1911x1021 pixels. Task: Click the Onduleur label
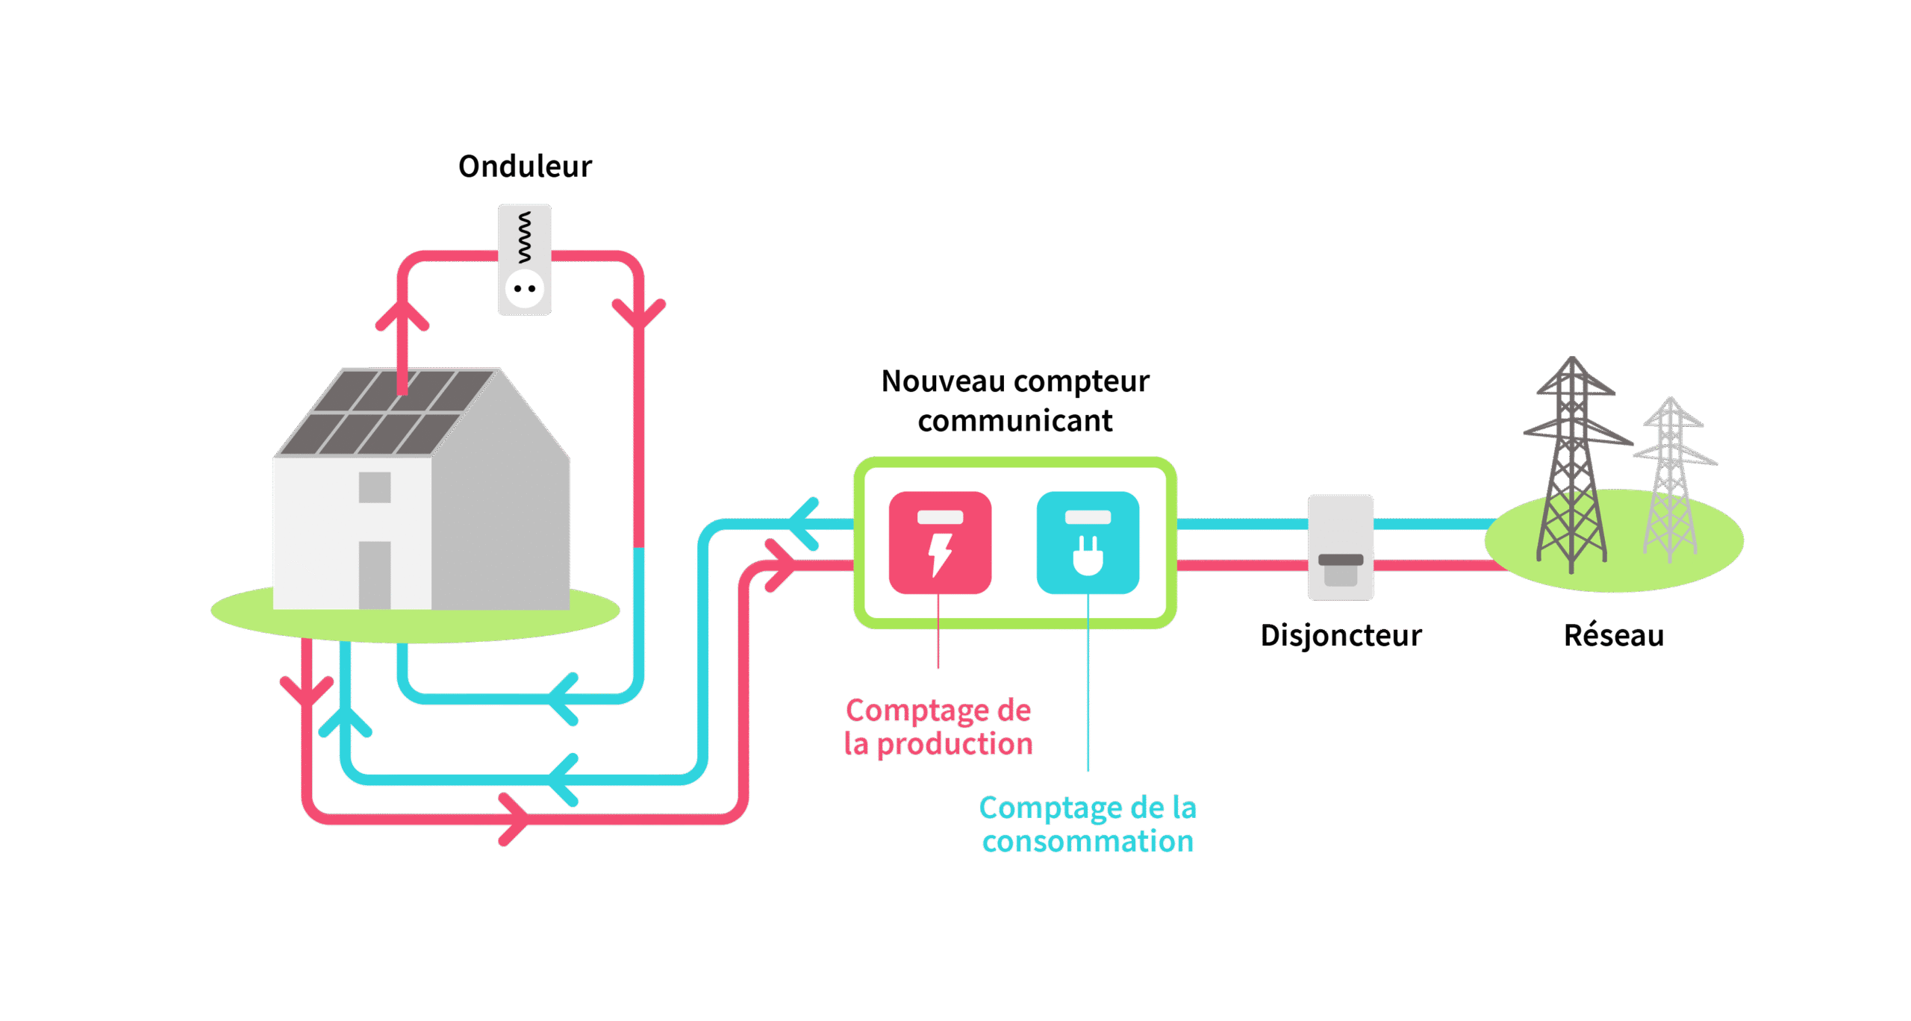coord(525,166)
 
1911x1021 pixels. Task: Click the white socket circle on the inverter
coord(525,289)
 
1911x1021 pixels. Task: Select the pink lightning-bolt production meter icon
coord(940,543)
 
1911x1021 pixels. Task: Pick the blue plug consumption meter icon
coord(1088,543)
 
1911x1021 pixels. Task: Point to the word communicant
coord(1015,422)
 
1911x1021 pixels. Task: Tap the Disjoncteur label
coord(1341,636)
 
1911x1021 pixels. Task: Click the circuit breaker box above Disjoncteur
coord(1341,547)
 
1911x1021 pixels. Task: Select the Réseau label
coord(1614,636)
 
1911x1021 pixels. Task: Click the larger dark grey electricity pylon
coord(1571,470)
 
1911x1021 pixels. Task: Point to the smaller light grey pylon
coord(1671,481)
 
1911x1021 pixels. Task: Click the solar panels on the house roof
coord(384,412)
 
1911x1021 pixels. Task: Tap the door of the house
coord(375,575)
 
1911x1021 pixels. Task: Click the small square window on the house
coord(375,487)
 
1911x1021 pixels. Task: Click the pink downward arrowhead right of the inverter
coord(638,313)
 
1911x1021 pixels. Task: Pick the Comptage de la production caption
coord(938,727)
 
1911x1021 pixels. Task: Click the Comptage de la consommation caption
coord(1088,824)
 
